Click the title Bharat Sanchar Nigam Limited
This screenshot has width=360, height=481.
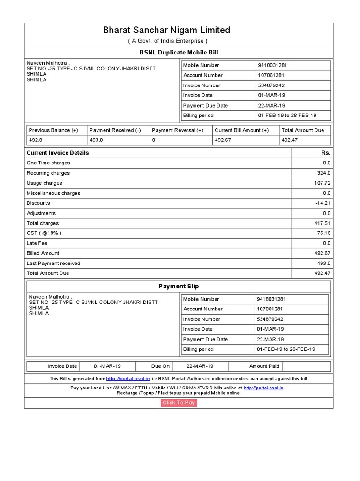[167, 31]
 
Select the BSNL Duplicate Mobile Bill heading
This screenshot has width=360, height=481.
[179, 53]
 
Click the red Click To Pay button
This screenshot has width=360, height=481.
[179, 403]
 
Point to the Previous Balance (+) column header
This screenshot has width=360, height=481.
[53, 130]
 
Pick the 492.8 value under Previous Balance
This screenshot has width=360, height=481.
[36, 140]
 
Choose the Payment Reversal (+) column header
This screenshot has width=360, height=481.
[178, 130]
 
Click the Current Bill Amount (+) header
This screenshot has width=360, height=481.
[241, 130]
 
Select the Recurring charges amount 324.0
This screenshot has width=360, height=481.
[323, 173]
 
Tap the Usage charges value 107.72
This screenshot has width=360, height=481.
[322, 183]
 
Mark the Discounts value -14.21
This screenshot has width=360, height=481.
[323, 203]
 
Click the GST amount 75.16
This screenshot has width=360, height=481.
[323, 233]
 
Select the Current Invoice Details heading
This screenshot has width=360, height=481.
[58, 153]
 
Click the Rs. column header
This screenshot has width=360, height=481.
[325, 153]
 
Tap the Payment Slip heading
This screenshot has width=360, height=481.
[179, 286]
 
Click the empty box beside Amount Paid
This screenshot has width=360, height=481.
[307, 366]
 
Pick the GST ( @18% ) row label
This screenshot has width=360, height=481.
[44, 233]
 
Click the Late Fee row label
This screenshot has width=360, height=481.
[37, 243]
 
